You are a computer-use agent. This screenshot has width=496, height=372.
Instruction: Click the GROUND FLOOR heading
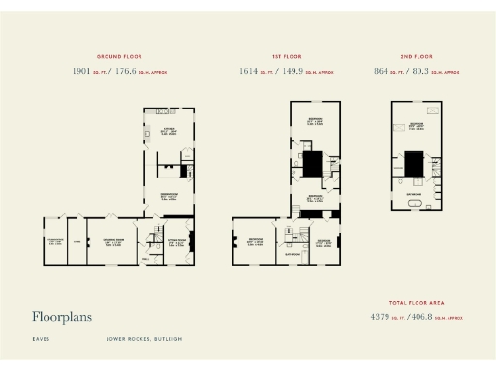(x=120, y=57)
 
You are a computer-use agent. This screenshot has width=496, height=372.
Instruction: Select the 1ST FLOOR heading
(x=282, y=57)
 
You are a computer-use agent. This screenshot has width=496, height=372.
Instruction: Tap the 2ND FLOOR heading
(x=415, y=57)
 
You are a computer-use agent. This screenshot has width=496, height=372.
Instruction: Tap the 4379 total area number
(x=386, y=317)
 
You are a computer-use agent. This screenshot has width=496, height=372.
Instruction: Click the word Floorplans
(x=63, y=317)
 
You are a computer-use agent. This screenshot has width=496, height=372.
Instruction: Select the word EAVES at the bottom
(x=40, y=339)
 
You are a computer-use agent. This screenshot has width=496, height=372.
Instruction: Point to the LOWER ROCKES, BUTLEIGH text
(x=144, y=339)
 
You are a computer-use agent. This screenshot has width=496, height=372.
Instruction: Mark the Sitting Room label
(x=176, y=240)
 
